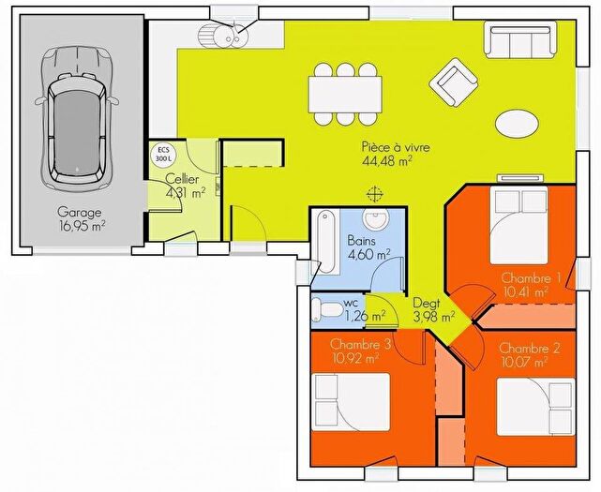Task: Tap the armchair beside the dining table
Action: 455,82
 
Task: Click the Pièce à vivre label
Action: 386,154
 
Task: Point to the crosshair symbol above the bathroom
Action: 376,195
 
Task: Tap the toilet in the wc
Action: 328,308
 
